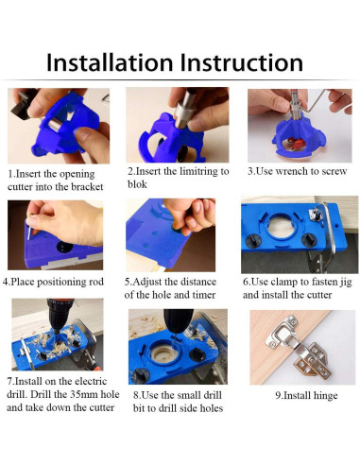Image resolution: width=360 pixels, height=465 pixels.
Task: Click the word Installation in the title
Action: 110,62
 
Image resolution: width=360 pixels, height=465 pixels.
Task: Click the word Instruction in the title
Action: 242,62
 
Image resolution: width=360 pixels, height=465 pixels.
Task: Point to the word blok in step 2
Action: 137,184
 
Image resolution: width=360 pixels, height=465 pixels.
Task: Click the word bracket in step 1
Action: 87,187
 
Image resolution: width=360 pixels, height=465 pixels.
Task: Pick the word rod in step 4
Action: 96,282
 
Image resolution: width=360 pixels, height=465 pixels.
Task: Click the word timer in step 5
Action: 203,295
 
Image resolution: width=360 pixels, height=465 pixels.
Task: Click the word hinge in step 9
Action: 324,396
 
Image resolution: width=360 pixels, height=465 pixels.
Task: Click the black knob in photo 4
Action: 64,247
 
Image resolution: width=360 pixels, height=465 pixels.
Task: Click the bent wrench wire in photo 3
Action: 315,104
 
